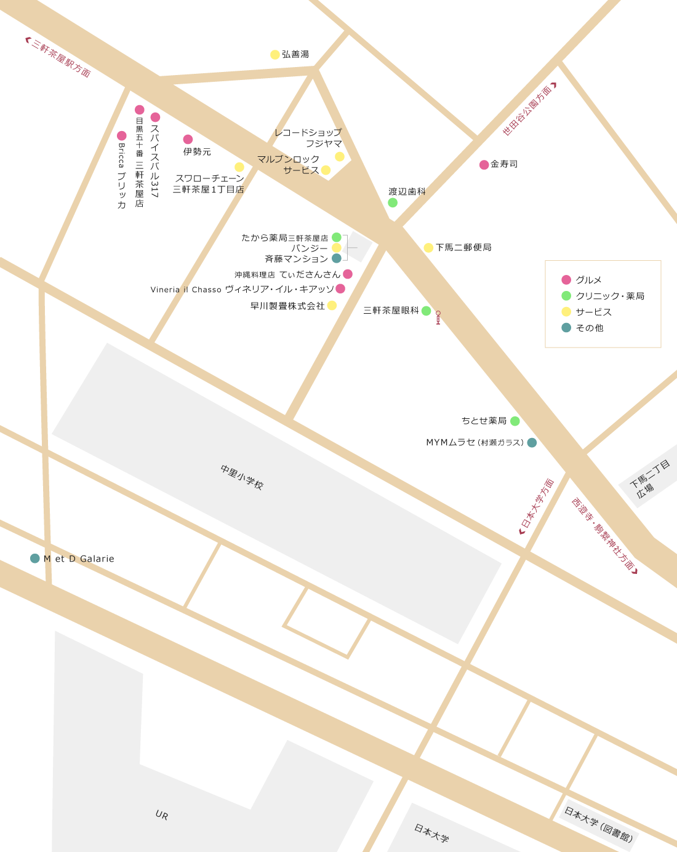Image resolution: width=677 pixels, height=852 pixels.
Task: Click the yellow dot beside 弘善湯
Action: click(x=275, y=55)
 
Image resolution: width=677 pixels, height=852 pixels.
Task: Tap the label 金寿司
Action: click(x=504, y=164)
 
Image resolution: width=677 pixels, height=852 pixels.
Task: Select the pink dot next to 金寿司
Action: click(x=484, y=165)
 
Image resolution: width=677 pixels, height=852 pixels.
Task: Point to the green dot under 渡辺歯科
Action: click(x=393, y=203)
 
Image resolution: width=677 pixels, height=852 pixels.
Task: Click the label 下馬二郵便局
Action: click(x=463, y=247)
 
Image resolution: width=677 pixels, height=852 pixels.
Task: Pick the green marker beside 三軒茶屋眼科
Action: click(x=426, y=311)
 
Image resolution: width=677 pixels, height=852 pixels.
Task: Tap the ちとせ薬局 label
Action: click(x=484, y=421)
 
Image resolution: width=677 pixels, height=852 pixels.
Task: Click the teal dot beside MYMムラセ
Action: click(x=532, y=442)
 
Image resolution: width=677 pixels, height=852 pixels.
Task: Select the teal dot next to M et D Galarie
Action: click(x=35, y=559)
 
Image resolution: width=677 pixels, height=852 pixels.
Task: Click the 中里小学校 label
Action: click(x=242, y=477)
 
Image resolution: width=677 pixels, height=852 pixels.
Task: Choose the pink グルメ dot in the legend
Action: click(x=566, y=280)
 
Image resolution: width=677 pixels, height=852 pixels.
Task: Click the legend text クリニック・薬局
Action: click(x=610, y=296)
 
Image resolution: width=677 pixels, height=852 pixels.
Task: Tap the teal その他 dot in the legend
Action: click(x=566, y=328)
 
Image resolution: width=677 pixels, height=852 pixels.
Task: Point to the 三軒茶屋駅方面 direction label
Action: click(x=59, y=58)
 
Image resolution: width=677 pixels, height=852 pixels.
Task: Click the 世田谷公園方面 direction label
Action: click(x=529, y=109)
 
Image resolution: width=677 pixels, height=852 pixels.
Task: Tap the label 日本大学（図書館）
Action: click(x=599, y=825)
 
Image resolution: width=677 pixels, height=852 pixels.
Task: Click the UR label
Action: click(x=162, y=815)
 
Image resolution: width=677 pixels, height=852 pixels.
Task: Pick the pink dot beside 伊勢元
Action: click(x=188, y=140)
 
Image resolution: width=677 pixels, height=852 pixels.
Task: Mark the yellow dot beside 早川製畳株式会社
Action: click(x=332, y=306)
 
